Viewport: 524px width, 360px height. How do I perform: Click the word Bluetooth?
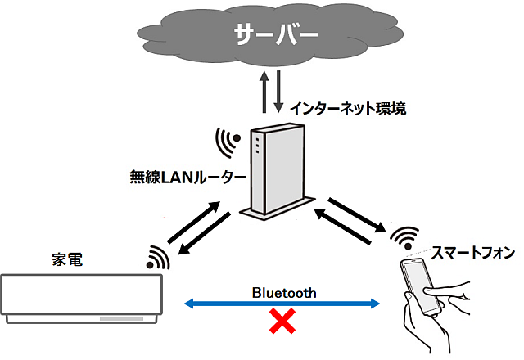(283, 291)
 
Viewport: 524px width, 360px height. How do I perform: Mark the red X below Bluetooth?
(283, 322)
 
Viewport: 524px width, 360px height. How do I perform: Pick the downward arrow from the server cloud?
(280, 92)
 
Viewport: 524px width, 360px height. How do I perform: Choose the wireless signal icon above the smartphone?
(402, 238)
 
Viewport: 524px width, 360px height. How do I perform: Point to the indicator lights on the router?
(257, 146)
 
